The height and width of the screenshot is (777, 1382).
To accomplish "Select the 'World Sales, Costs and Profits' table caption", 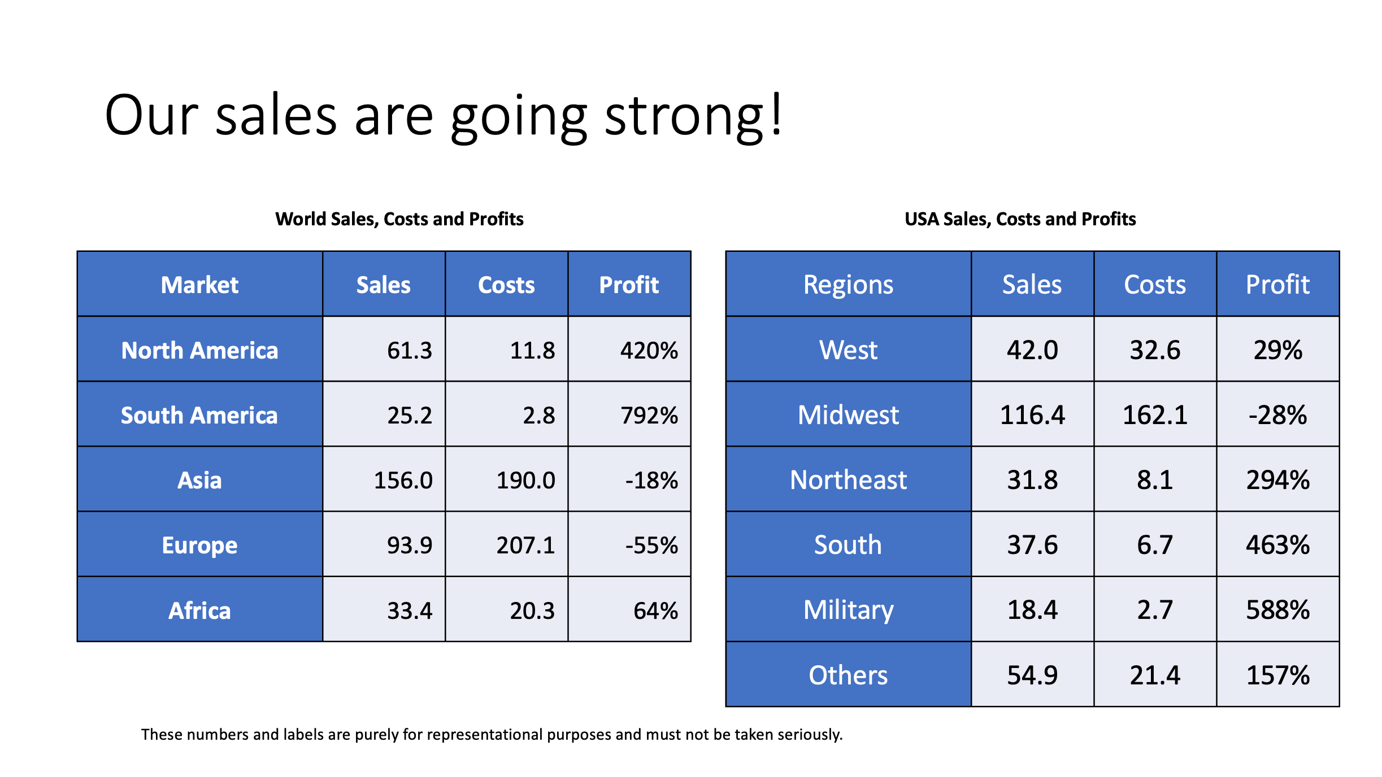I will tap(399, 219).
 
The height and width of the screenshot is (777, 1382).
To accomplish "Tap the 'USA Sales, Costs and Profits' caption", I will tap(1020, 219).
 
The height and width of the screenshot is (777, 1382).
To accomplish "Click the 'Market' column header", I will tap(199, 285).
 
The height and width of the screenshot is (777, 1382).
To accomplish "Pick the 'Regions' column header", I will tap(848, 285).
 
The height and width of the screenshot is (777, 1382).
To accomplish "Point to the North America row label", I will tap(199, 350).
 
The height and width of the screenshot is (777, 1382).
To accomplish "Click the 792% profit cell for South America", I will tap(649, 416).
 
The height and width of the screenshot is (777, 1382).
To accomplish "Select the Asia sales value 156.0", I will tap(403, 481).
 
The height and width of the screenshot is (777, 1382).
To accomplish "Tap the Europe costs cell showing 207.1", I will tap(525, 545).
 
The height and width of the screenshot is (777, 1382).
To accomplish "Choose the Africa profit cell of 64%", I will tap(655, 610).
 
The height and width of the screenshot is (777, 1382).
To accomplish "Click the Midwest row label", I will tap(848, 415).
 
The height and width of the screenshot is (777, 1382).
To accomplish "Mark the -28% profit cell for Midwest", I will tap(1277, 415).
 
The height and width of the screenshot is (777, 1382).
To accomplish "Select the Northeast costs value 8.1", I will tap(1155, 480).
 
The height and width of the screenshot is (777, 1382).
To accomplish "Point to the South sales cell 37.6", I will tap(1032, 545).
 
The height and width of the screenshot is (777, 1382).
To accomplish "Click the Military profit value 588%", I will tap(1277, 610).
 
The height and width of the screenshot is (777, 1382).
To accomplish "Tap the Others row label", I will tap(848, 675).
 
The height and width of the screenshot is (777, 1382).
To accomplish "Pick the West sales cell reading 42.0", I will tap(1032, 350).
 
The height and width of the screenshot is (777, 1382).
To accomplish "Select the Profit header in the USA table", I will tap(1277, 285).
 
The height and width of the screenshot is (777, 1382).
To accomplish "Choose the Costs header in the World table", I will tap(506, 285).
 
